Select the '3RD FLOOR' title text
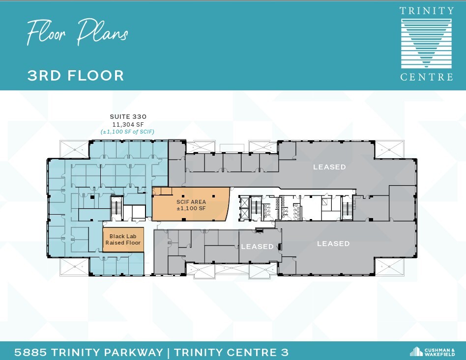point(76,76)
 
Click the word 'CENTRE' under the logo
point(426,77)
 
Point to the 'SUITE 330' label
point(128,117)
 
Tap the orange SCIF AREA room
point(191,204)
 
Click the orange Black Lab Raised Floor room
point(123,239)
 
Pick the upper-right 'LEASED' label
point(329,167)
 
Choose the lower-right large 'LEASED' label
point(333,244)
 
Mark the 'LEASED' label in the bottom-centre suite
point(257,247)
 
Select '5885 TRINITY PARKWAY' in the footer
point(88,352)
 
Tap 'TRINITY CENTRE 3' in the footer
point(231,352)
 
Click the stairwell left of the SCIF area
point(117,206)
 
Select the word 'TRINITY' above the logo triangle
point(426,11)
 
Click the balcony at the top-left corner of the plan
point(73,149)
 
